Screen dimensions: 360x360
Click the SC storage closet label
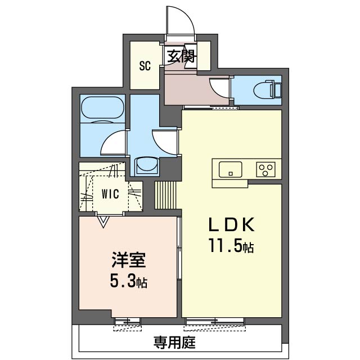point(145,66)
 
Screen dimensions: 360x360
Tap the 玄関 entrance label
point(181,56)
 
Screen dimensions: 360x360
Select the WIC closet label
point(110,194)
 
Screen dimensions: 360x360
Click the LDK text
point(231,224)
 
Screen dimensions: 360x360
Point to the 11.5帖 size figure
point(231,245)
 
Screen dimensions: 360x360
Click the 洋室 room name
point(129,260)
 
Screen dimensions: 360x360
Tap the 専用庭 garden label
point(174,343)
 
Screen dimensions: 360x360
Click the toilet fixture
point(268,89)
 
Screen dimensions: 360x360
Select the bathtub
point(102,107)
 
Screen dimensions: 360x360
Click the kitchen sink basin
point(230,169)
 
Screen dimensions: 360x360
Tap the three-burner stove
point(265,169)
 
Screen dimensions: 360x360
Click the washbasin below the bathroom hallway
point(147,165)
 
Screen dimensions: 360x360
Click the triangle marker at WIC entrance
point(103,222)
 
